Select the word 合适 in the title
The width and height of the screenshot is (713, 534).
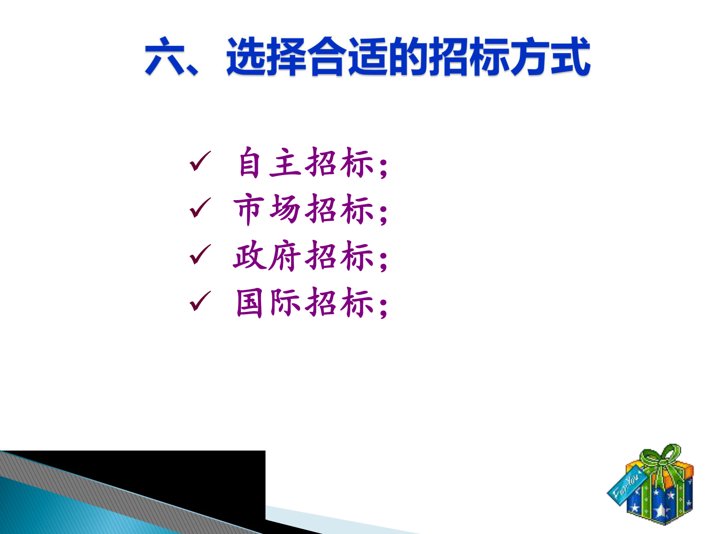pyautogui.click(x=348, y=57)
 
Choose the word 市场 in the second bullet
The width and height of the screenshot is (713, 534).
pyautogui.click(x=267, y=209)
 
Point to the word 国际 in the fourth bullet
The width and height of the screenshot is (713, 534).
pyautogui.click(x=268, y=302)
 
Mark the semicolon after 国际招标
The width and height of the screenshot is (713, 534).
pyautogui.click(x=383, y=308)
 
